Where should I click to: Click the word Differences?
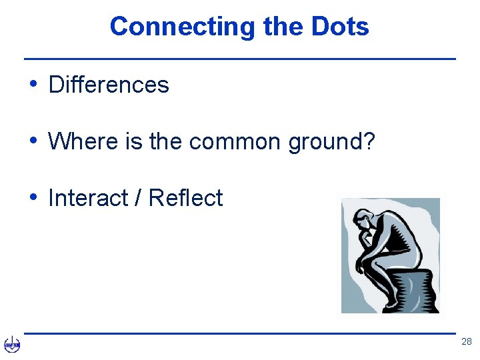[x=109, y=85]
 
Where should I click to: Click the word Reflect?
[x=185, y=198]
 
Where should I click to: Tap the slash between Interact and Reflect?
[x=138, y=198]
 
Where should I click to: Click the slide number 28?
[x=466, y=342]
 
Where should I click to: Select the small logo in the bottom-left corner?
[x=12, y=345]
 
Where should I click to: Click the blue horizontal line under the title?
[x=240, y=59]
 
